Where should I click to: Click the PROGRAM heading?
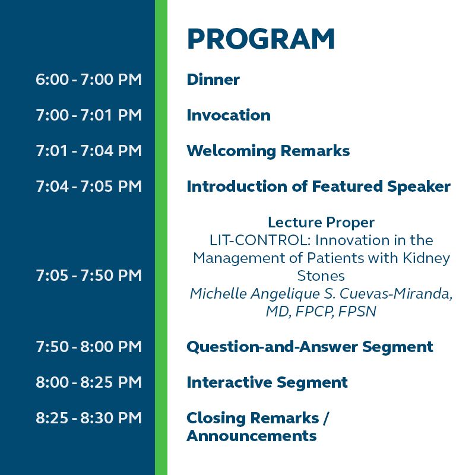[x=261, y=39]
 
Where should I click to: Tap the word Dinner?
[x=213, y=80]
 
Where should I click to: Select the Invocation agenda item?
[x=229, y=115]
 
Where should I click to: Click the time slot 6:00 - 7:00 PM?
[x=88, y=80]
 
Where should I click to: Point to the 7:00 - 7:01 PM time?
[x=88, y=115]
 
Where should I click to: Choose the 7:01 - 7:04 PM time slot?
[x=88, y=151]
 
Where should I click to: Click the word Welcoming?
[x=232, y=151]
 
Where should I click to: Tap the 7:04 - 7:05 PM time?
[x=88, y=186]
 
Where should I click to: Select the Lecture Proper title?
[x=321, y=223]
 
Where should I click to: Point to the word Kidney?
[x=426, y=258]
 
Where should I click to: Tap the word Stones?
[x=321, y=276]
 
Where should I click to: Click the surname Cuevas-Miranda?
[x=396, y=293]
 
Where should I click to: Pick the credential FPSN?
[x=357, y=311]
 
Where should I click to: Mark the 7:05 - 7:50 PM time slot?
[x=88, y=275]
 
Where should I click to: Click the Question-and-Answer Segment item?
[x=310, y=347]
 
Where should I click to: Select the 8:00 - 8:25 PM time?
[x=88, y=382]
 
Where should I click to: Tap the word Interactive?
[x=229, y=382]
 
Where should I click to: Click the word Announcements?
[x=252, y=436]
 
